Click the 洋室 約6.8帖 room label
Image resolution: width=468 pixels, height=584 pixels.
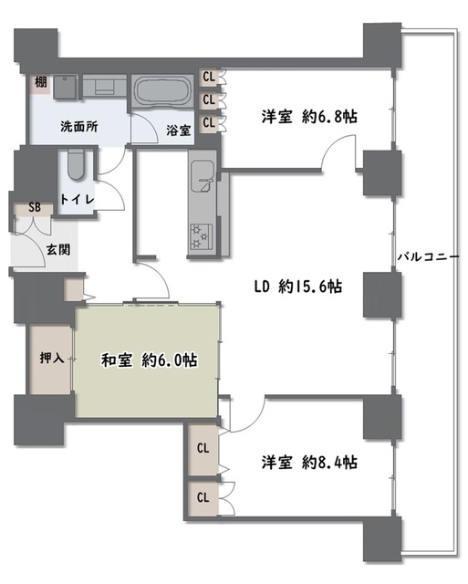click(309, 117)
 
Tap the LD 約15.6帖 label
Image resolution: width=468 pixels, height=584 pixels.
click(297, 287)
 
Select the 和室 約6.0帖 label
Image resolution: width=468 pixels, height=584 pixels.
click(150, 360)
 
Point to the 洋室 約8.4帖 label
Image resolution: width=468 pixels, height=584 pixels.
click(309, 463)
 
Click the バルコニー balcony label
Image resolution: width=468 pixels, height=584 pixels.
click(429, 257)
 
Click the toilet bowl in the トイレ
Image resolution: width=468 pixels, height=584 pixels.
click(77, 164)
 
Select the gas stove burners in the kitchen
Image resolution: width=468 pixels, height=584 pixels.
click(201, 236)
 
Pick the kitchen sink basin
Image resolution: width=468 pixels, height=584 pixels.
click(203, 176)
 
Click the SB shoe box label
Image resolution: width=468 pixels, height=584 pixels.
click(35, 207)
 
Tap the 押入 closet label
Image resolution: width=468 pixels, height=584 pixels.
click(52, 358)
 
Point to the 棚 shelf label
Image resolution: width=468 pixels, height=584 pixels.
click(41, 82)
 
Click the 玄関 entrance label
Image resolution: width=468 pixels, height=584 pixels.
click(58, 249)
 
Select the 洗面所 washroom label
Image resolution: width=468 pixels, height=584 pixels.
click(79, 127)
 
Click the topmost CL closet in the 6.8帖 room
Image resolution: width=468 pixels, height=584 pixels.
click(209, 77)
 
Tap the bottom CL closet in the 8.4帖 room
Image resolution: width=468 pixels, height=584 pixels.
click(203, 497)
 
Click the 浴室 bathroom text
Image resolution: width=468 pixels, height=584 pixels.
click(178, 130)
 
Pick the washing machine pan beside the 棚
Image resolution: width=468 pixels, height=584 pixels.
click(66, 88)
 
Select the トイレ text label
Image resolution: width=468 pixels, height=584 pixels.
click(77, 200)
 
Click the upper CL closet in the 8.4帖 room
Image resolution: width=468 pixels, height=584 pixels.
click(203, 449)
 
